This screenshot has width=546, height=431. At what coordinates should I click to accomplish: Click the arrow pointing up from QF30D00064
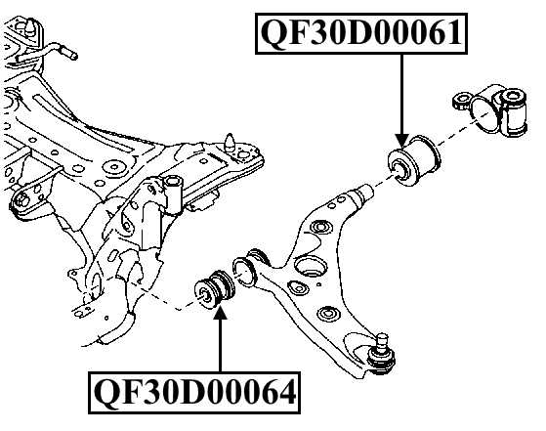(x=220, y=342)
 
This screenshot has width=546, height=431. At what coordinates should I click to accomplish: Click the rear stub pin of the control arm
(x=362, y=194)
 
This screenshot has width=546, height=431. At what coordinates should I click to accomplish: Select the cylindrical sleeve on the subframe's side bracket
(x=174, y=191)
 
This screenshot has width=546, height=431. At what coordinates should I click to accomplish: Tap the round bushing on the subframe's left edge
(x=21, y=202)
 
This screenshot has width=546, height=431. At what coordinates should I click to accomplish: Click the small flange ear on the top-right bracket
(x=462, y=99)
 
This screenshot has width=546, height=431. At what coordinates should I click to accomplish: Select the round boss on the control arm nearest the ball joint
(x=326, y=314)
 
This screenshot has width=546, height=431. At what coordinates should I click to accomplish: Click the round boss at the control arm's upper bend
(x=315, y=228)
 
